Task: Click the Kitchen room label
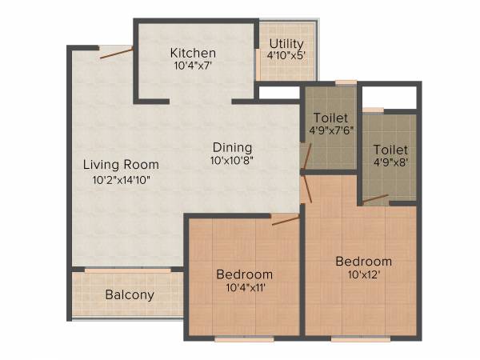pyautogui.click(x=193, y=53)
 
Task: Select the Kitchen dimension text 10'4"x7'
pyautogui.click(x=193, y=66)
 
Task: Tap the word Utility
pyautogui.click(x=286, y=43)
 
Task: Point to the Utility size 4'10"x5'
pyautogui.click(x=286, y=56)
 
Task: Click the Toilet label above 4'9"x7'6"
pyautogui.click(x=330, y=116)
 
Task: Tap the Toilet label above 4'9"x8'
pyautogui.click(x=390, y=150)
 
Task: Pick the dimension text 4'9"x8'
pyautogui.click(x=390, y=163)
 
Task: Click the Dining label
pyautogui.click(x=232, y=147)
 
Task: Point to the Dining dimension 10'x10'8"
pyautogui.click(x=232, y=161)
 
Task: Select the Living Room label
pyautogui.click(x=121, y=165)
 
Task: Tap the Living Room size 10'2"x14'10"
pyautogui.click(x=121, y=179)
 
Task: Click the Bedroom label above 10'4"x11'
pyautogui.click(x=245, y=274)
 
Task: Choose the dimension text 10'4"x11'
pyautogui.click(x=245, y=288)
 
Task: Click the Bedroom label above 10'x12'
pyautogui.click(x=363, y=262)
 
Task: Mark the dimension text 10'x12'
pyautogui.click(x=363, y=275)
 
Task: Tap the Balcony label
pyautogui.click(x=130, y=294)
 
